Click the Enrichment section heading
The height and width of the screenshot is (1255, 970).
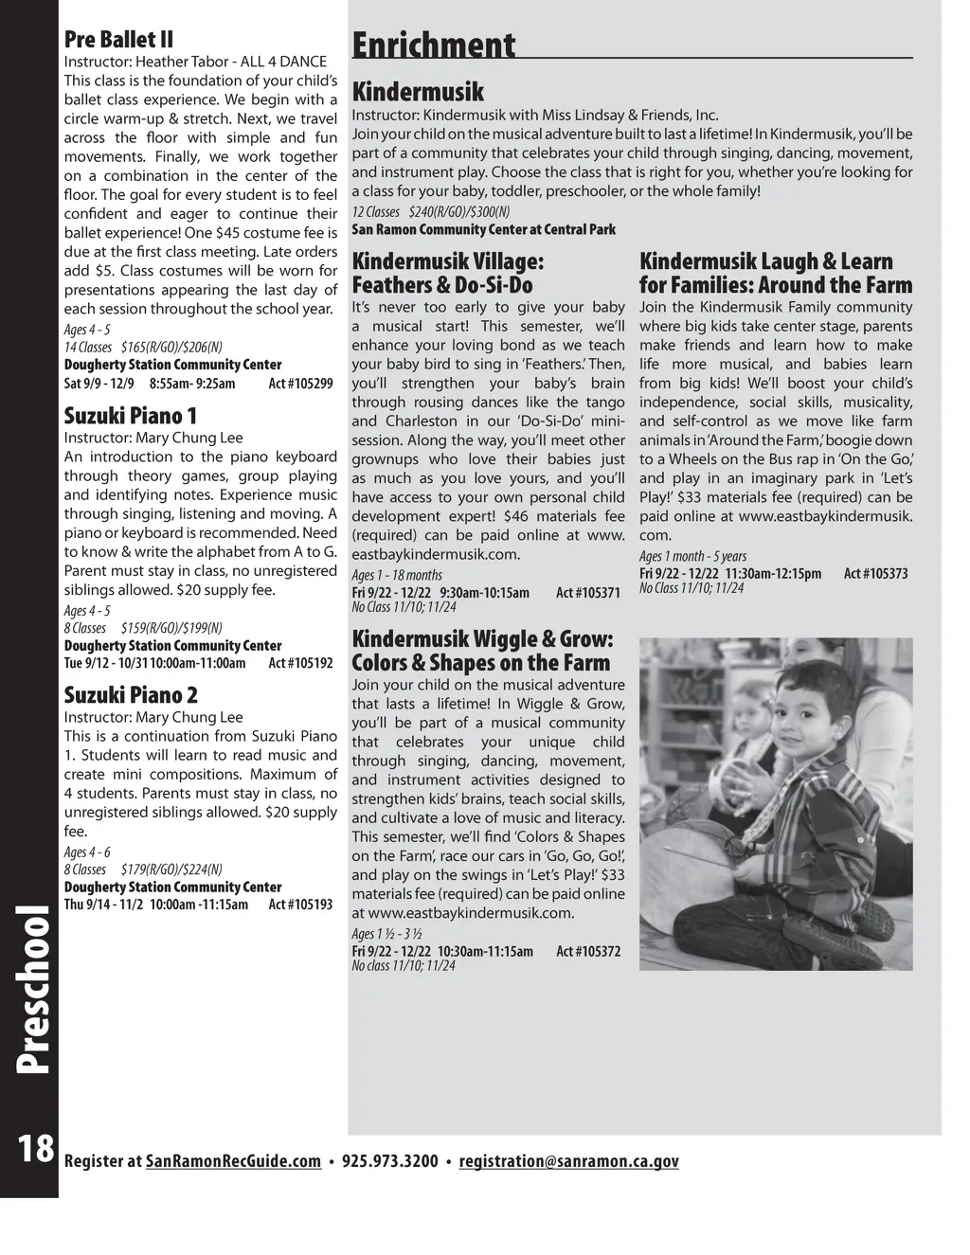[434, 45]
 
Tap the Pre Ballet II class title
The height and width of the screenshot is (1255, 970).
[118, 40]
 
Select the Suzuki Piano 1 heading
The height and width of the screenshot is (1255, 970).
[131, 416]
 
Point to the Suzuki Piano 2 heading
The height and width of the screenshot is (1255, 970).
[131, 695]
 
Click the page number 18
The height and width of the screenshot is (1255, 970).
[35, 1148]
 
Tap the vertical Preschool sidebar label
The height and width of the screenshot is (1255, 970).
[33, 989]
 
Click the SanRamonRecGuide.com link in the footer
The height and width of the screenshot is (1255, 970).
[233, 1161]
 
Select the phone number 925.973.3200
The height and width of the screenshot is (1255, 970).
[389, 1161]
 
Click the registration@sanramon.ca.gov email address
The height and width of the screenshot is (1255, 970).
[568, 1161]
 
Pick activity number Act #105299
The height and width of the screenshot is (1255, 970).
[300, 384]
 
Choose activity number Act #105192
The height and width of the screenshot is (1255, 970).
[300, 663]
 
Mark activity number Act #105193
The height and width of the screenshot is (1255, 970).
[300, 905]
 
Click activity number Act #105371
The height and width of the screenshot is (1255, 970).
[588, 593]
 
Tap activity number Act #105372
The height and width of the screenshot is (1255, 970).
[588, 951]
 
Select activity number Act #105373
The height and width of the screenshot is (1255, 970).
[875, 574]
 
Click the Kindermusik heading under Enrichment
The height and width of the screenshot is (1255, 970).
[418, 92]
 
